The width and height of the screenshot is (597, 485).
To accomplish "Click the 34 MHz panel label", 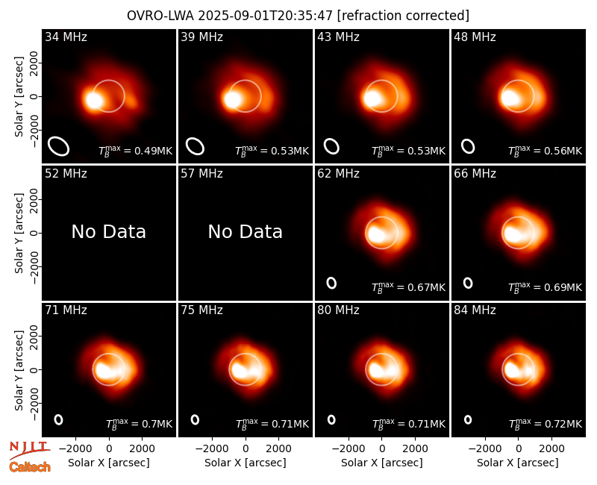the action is point(66,37).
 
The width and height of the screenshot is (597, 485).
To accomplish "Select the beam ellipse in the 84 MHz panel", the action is point(468,419).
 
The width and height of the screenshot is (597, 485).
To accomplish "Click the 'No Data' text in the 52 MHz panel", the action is point(108,231).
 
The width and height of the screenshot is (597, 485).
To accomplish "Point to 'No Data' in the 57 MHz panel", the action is point(246,231).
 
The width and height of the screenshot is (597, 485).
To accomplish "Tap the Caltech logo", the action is point(30,467).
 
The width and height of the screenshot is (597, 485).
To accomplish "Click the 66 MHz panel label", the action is point(475,174).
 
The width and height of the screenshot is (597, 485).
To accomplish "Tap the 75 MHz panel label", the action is point(201,310).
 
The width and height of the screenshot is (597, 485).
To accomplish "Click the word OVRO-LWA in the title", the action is point(160,16).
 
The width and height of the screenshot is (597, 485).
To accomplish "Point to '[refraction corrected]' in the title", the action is point(403,16).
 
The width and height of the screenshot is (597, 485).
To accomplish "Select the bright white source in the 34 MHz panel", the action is point(93,100).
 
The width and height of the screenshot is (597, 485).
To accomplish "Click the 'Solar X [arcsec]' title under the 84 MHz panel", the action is point(518,463).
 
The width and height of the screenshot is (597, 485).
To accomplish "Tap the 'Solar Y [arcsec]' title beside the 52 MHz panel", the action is point(19,233).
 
